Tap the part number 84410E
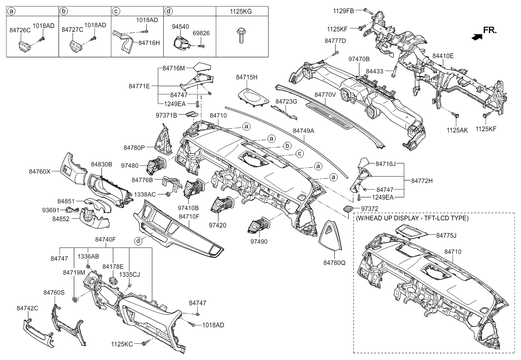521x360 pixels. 443,56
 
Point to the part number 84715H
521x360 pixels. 247,77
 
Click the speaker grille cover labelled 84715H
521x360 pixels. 252,95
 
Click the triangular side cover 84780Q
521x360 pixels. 333,236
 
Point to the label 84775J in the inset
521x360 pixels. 448,235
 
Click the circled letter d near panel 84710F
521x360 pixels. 138,241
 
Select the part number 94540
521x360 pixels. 180,26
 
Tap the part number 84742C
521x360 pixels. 28,307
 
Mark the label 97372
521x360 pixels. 371,209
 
